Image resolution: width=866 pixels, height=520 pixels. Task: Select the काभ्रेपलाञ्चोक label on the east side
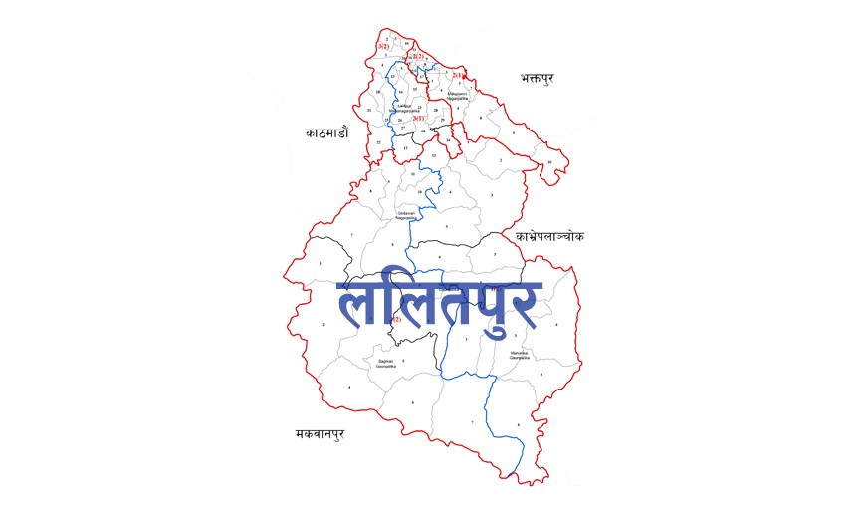click(549, 237)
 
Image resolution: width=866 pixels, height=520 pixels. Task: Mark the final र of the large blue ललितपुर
click(523, 305)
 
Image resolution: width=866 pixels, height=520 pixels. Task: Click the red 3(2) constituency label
click(383, 47)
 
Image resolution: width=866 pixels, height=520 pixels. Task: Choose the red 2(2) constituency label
click(419, 57)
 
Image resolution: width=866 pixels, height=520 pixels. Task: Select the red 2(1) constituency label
click(458, 75)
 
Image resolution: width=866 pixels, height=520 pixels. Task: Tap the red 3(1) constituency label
click(419, 119)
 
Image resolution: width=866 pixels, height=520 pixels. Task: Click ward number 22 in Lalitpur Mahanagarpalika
click(378, 142)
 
